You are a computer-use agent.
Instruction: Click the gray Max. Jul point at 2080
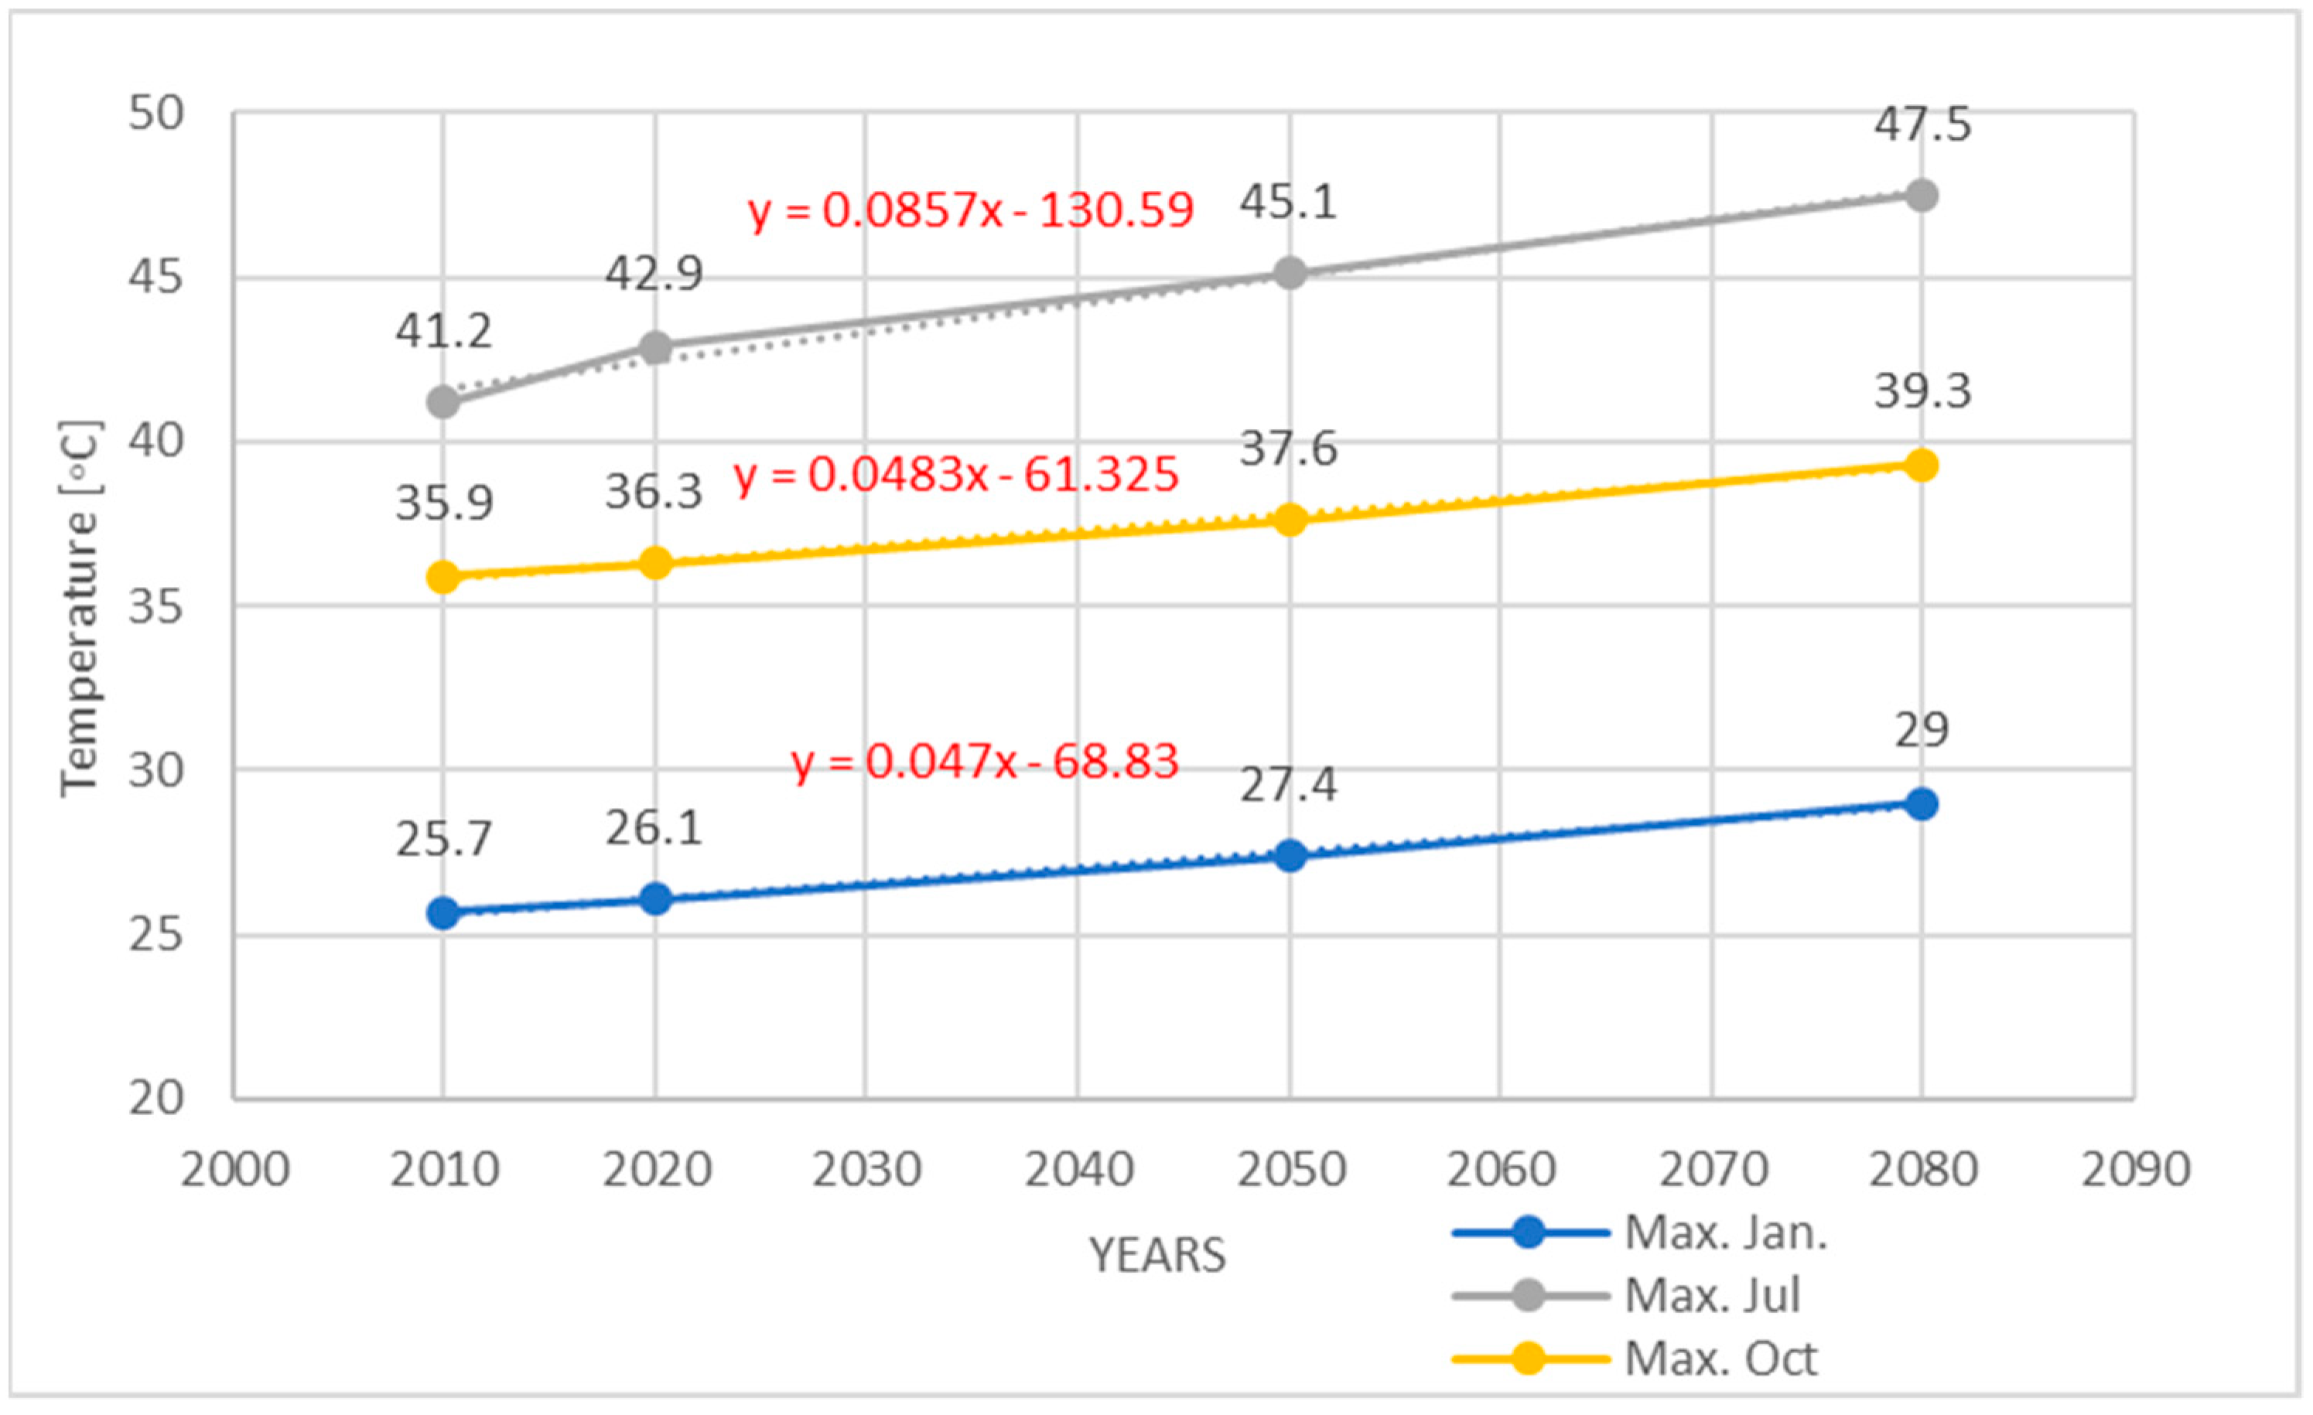tap(1921, 195)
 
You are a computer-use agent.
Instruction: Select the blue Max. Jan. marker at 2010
tap(443, 912)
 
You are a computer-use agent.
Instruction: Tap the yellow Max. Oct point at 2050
tap(1290, 519)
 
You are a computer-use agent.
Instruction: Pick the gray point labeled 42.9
tap(655, 347)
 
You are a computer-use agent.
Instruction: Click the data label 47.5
tap(1922, 124)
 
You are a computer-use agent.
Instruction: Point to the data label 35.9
tap(443, 503)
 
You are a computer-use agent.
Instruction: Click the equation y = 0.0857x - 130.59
tap(971, 210)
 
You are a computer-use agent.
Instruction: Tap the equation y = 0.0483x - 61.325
tap(955, 475)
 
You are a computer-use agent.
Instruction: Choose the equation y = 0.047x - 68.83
tap(985, 761)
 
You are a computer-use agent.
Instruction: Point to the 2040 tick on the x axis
tap(1078, 1170)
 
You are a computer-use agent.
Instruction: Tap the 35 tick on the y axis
tap(155, 607)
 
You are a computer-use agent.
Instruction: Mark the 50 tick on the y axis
tap(155, 114)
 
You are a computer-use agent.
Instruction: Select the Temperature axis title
tap(80, 608)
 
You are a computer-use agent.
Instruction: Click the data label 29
tap(1921, 729)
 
